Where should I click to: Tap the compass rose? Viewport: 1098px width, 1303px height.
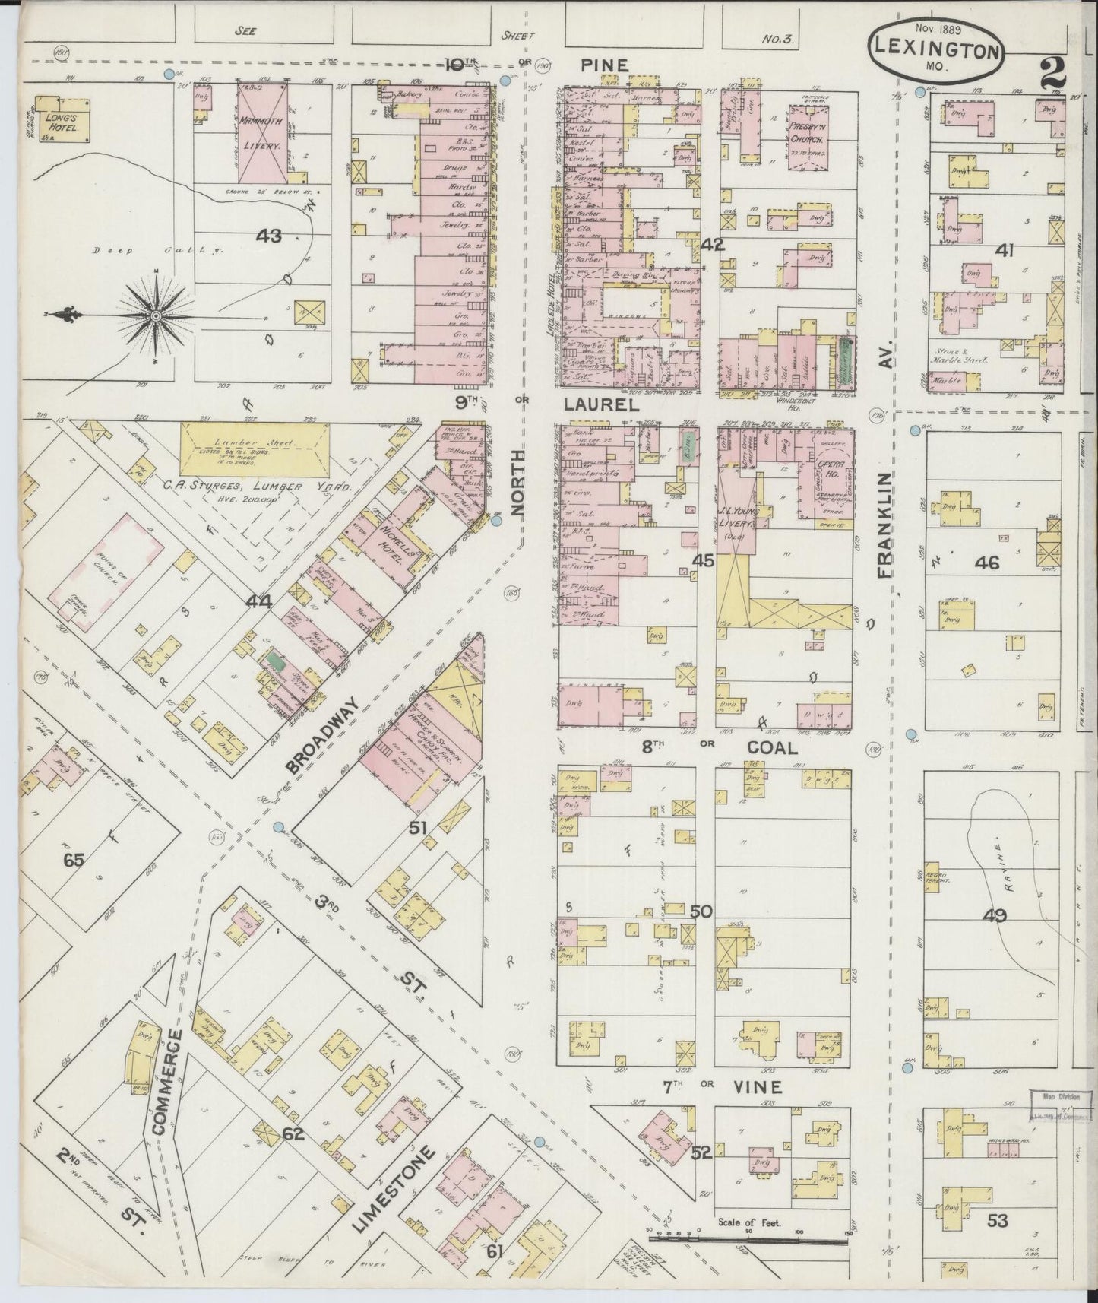coord(155,315)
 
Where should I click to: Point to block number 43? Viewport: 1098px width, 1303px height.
coord(268,236)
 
